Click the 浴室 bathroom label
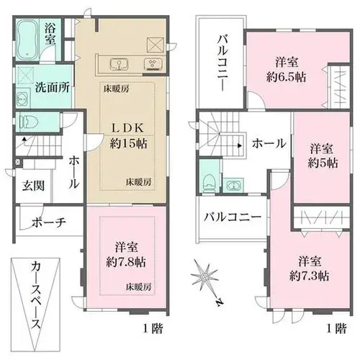coord(50,35)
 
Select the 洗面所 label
coord(53,88)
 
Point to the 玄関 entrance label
coord(33,186)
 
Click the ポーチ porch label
coord(49,222)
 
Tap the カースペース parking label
coord(35,296)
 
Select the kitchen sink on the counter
coord(119,64)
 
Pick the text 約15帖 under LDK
coord(128,144)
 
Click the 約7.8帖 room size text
coord(126,262)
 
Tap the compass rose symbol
coord(204,276)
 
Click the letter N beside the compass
coord(219,302)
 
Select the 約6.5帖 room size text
coord(286,77)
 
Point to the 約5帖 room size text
coord(323,163)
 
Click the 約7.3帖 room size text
coord(309,276)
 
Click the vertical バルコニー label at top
coord(222,63)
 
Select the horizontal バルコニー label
coord(233,217)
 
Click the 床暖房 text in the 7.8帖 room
coord(139,287)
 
